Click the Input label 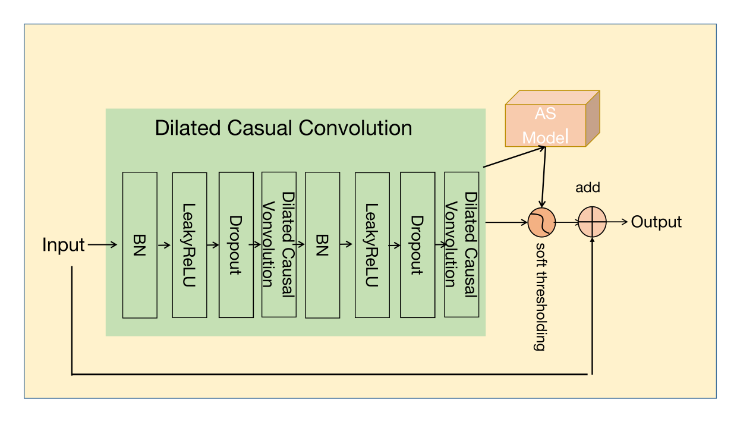64,244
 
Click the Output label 656,222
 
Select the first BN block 140,245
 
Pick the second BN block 322,245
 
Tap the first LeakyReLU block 190,245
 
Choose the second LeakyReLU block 372,245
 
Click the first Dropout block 236,245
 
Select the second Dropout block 417,245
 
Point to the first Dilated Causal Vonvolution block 279,245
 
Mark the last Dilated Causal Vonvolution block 462,245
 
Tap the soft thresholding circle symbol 541,222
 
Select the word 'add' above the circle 588,188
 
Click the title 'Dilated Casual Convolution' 284,128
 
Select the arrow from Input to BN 102,244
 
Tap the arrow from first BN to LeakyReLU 165,244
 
